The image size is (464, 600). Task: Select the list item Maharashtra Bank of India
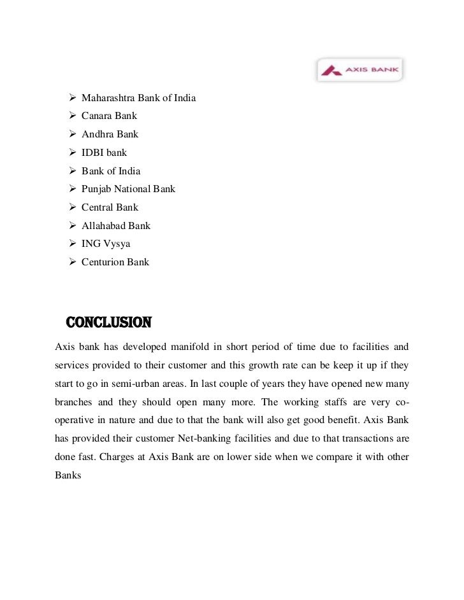138,99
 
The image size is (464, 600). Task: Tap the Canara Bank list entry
109,116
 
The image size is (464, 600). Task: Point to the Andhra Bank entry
110,135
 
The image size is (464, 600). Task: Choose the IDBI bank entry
104,153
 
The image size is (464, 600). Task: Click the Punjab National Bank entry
128,189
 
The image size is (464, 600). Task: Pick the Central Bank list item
110,207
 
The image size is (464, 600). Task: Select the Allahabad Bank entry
116,225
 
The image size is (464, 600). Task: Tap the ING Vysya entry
105,244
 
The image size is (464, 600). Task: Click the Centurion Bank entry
115,262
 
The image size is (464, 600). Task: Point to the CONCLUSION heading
109,323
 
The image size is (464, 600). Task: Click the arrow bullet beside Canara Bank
71,116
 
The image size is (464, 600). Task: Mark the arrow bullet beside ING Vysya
71,244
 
